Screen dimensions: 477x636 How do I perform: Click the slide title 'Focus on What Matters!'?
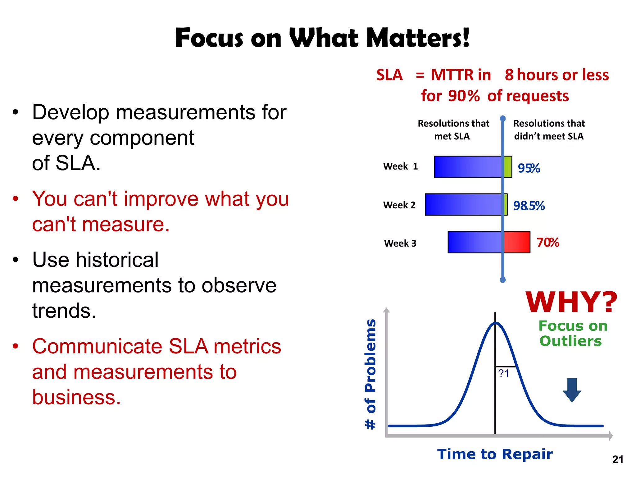point(322,38)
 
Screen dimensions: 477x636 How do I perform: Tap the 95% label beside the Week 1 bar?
point(529,168)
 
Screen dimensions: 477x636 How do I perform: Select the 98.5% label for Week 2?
point(529,206)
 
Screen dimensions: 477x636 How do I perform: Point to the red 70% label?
point(548,243)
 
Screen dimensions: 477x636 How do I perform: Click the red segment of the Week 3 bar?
point(517,242)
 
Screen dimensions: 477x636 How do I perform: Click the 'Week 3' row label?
point(400,243)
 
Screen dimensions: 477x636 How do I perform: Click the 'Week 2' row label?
point(399,205)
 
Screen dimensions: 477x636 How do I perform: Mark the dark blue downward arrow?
point(572,390)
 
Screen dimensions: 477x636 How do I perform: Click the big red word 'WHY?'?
point(571,302)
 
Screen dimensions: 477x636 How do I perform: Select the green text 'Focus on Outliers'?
point(572,334)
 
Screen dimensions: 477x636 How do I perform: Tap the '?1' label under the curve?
point(503,374)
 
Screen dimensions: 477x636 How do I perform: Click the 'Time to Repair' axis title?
point(495,454)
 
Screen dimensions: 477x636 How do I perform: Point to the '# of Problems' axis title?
point(370,374)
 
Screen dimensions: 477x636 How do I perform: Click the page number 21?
point(618,459)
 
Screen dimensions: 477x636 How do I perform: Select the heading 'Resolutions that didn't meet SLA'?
point(549,130)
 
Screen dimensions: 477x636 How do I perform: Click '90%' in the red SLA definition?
point(464,96)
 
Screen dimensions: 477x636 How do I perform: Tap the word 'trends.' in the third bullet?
point(64,311)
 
